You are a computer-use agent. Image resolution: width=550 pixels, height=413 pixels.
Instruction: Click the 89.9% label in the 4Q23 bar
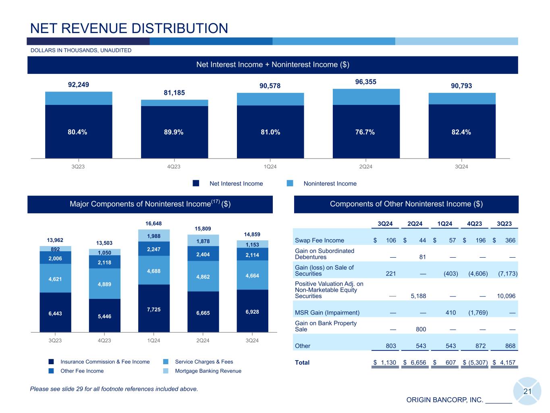(x=174, y=132)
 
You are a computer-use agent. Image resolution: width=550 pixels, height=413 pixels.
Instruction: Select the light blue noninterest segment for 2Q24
(x=366, y=97)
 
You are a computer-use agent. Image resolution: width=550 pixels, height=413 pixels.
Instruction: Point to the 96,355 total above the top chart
(x=365, y=82)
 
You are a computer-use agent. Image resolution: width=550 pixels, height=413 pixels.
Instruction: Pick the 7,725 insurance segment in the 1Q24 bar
(x=154, y=309)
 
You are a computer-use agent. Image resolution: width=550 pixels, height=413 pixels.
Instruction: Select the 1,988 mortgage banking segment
(x=154, y=236)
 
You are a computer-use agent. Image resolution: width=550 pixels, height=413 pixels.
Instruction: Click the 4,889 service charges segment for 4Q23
(x=104, y=284)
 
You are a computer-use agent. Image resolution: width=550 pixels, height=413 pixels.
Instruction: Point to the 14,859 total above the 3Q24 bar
(x=252, y=234)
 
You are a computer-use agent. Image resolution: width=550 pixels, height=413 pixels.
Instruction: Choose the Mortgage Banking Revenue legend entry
(x=208, y=371)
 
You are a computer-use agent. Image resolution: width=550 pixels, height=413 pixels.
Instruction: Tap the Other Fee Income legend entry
(x=82, y=371)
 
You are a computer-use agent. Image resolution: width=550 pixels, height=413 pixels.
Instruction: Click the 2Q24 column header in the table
(x=415, y=224)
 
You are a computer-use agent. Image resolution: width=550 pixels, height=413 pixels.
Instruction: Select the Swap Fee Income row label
(x=320, y=240)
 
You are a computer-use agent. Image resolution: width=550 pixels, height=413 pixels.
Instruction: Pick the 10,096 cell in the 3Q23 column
(x=506, y=296)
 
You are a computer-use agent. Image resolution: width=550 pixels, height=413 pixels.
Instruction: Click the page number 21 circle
(x=527, y=391)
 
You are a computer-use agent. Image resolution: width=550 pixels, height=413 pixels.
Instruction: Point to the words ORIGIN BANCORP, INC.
(x=444, y=400)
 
